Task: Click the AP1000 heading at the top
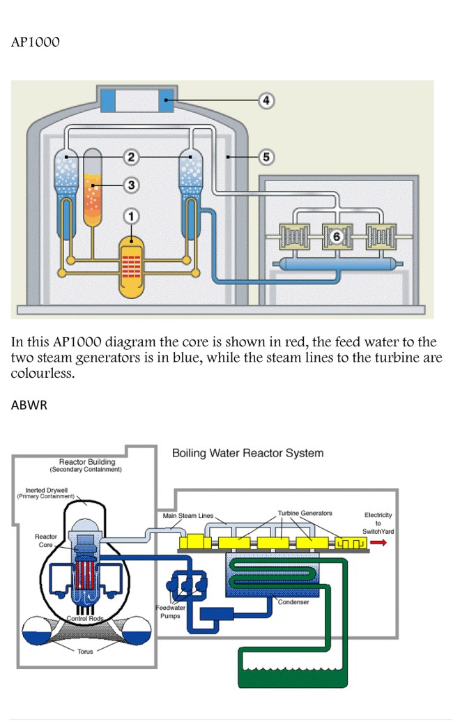pos(36,43)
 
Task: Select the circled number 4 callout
pos(266,100)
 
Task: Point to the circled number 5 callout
pos(266,157)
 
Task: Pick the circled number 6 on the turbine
pos(336,237)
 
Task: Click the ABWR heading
pos(29,406)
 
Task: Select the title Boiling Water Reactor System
pos(247,453)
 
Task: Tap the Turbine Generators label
pos(305,513)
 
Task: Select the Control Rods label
pos(86,618)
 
